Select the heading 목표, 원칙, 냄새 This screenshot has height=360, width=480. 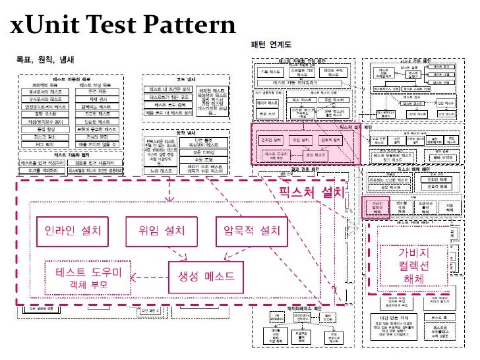pyautogui.click(x=45, y=59)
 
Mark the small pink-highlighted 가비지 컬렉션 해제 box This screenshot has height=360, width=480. pyautogui.click(x=376, y=208)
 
